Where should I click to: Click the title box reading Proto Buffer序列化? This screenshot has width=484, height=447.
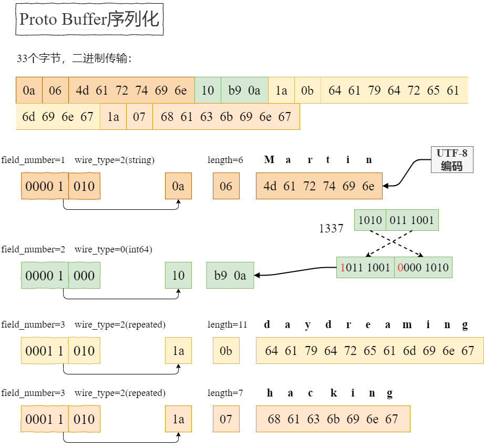coord(90,19)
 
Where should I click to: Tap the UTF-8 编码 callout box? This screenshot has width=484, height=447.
coord(451,160)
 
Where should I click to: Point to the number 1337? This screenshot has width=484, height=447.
coord(331,228)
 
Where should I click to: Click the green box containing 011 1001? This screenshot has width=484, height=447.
coord(412,220)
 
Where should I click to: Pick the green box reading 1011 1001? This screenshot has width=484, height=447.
coord(365,267)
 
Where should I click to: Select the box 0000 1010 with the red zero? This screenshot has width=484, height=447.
coord(423,267)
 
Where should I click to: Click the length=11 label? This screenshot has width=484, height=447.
coord(227,325)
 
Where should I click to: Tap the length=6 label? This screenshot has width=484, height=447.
coord(225,160)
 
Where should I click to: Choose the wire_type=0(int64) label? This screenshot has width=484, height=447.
coord(113,249)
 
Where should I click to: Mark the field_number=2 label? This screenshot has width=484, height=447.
coord(33,249)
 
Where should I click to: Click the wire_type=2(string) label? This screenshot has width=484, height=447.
coord(114,160)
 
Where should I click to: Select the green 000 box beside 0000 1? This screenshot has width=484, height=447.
coord(84,276)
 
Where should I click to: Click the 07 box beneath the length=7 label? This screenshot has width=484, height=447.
coord(226,419)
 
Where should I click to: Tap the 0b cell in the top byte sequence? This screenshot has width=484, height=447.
coord(307,90)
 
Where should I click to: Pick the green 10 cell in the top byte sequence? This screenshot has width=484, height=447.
coord(208,90)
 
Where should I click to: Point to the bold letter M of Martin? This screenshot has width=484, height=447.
coord(269,160)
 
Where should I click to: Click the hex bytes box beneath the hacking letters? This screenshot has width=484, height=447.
coord(333,419)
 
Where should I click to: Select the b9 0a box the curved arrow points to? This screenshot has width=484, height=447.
coord(230,276)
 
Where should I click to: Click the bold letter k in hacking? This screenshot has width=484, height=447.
coord(333,393)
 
